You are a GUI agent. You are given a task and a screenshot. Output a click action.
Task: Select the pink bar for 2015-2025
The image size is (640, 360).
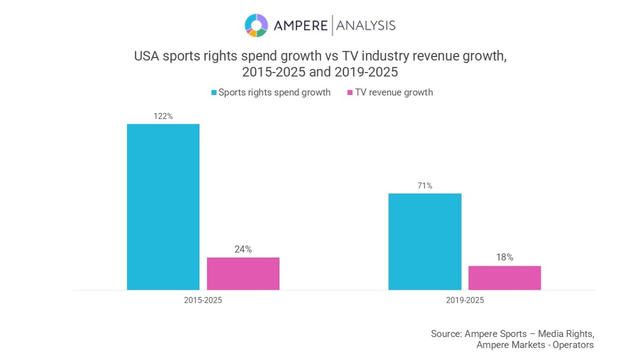243,274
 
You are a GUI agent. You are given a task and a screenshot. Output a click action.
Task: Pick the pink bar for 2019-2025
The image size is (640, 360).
505,278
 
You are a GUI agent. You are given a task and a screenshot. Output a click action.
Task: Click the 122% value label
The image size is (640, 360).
163,116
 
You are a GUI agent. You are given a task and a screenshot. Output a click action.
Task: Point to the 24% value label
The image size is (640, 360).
243,249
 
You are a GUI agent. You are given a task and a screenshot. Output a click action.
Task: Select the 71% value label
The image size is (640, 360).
425,186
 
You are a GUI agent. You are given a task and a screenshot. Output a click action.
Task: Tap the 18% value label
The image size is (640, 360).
505,257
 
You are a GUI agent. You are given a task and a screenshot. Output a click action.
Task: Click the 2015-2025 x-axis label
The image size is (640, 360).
203,300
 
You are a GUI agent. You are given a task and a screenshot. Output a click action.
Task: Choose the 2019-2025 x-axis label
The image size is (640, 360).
465,300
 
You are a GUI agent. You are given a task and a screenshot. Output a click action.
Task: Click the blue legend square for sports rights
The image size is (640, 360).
213,93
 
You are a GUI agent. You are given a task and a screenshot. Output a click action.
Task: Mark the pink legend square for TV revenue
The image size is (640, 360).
350,93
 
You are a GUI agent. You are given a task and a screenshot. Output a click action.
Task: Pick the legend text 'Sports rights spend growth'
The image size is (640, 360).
275,92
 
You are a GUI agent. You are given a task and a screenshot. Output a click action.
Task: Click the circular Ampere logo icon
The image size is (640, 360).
255,25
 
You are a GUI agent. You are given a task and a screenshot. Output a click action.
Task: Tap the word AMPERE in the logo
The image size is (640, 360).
301,25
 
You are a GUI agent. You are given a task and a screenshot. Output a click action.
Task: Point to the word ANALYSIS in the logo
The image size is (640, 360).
366,25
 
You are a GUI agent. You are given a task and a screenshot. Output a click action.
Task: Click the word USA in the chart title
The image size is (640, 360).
146,57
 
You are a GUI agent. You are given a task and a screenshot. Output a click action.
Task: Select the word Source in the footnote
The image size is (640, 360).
446,333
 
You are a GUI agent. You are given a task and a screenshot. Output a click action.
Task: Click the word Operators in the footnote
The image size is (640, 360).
573,345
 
